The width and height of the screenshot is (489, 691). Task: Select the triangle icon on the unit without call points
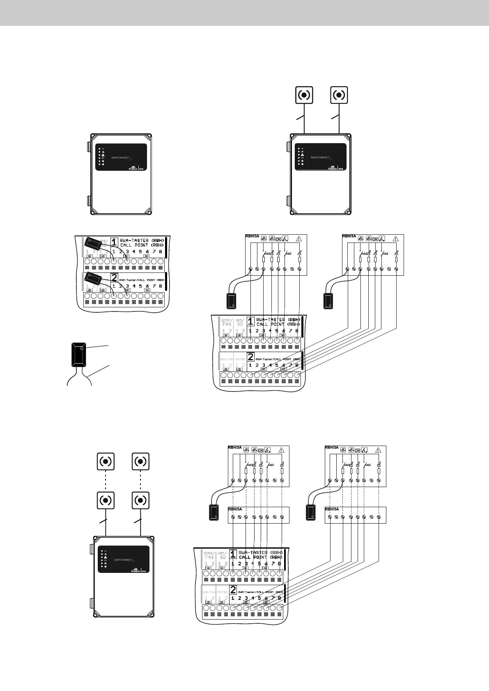[x=103, y=155]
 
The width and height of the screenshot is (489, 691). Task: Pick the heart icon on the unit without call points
[x=103, y=164]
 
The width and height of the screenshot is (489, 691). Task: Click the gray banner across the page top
[x=244, y=13]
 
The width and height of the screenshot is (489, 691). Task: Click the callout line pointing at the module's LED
[x=97, y=347]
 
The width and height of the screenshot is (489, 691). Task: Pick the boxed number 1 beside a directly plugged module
[x=115, y=242]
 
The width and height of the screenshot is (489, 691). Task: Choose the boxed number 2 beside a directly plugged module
[x=114, y=278]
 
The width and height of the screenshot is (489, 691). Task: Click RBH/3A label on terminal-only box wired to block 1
[x=235, y=509]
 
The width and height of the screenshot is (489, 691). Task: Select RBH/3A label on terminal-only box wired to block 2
[x=332, y=509]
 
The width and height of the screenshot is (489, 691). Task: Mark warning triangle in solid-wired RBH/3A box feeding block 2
[x=396, y=238]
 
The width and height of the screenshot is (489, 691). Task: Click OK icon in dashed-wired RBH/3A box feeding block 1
[x=261, y=450]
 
